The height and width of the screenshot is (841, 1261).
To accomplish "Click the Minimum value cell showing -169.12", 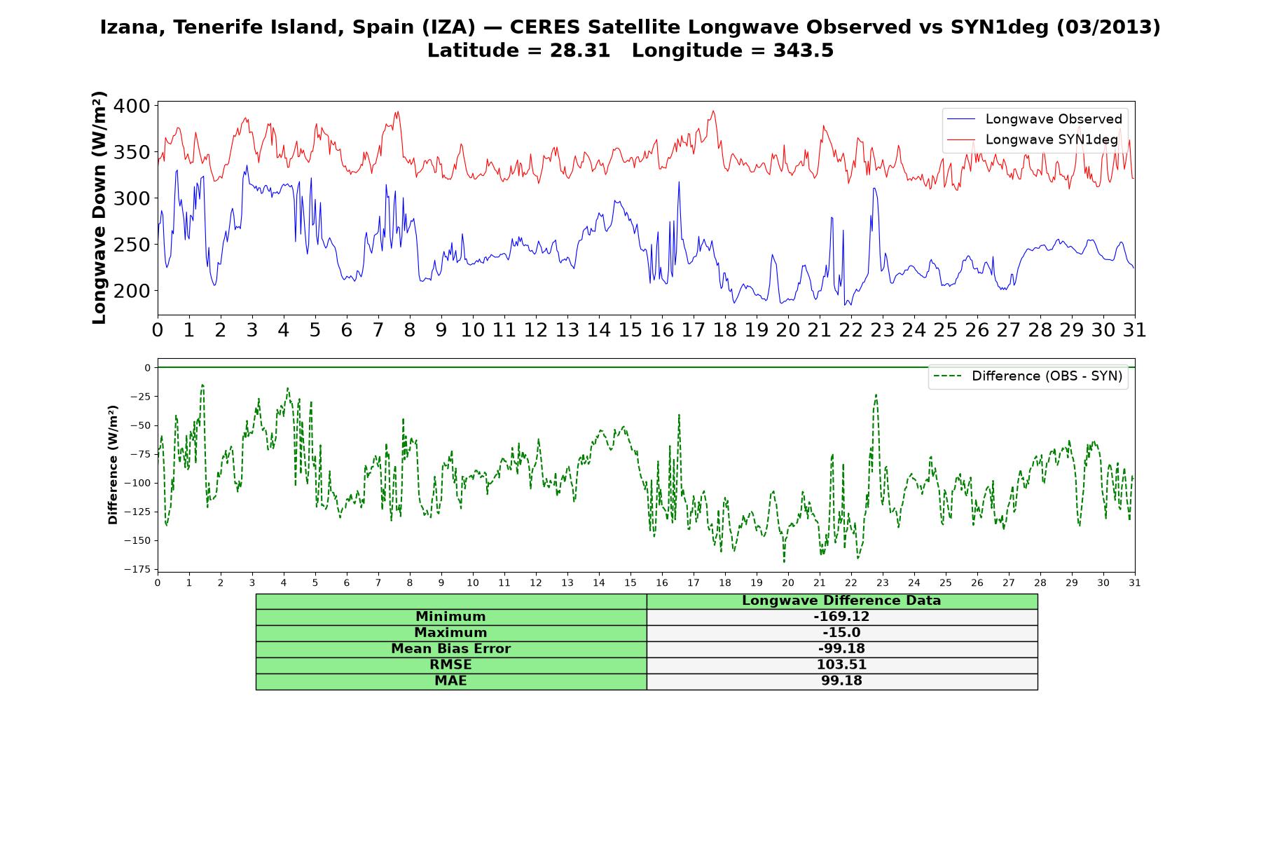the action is (841, 617).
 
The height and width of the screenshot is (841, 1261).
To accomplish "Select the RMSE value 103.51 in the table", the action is (841, 665).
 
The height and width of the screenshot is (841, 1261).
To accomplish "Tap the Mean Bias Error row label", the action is (450, 649).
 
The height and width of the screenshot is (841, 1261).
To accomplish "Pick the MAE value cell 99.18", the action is (841, 681).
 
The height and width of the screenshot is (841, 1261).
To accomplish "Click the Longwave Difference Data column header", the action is (841, 601).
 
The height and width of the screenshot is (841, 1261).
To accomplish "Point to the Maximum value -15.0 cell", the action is (841, 633).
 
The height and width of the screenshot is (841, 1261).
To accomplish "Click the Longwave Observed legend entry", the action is (1034, 119).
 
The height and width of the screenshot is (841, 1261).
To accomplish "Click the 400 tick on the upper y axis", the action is (132, 106).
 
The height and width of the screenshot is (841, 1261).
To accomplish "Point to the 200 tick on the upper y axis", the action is (132, 290).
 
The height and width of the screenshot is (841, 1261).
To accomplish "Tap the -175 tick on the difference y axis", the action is (138, 569).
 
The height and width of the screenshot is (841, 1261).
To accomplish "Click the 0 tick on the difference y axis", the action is (148, 367).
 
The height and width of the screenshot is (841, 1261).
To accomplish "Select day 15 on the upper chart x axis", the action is (630, 330).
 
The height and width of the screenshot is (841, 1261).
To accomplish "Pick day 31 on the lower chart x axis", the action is (1135, 582).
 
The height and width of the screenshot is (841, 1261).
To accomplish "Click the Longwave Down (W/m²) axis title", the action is (99, 207).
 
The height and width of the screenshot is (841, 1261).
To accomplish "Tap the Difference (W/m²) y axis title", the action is (113, 465).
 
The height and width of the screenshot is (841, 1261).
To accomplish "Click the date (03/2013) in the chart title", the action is (1108, 27).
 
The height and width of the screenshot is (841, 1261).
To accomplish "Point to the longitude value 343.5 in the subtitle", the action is (804, 50).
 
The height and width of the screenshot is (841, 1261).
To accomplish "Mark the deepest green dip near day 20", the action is (784, 561).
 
